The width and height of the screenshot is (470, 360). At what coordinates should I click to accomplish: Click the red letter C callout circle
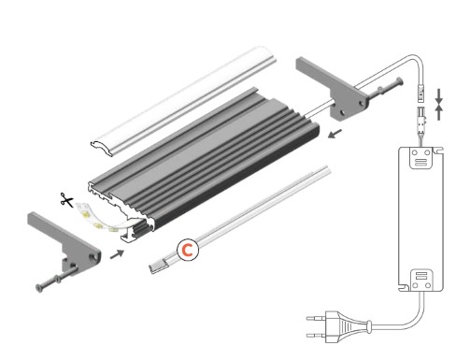point(187,250)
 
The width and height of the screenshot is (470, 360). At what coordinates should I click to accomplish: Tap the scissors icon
point(66,198)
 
